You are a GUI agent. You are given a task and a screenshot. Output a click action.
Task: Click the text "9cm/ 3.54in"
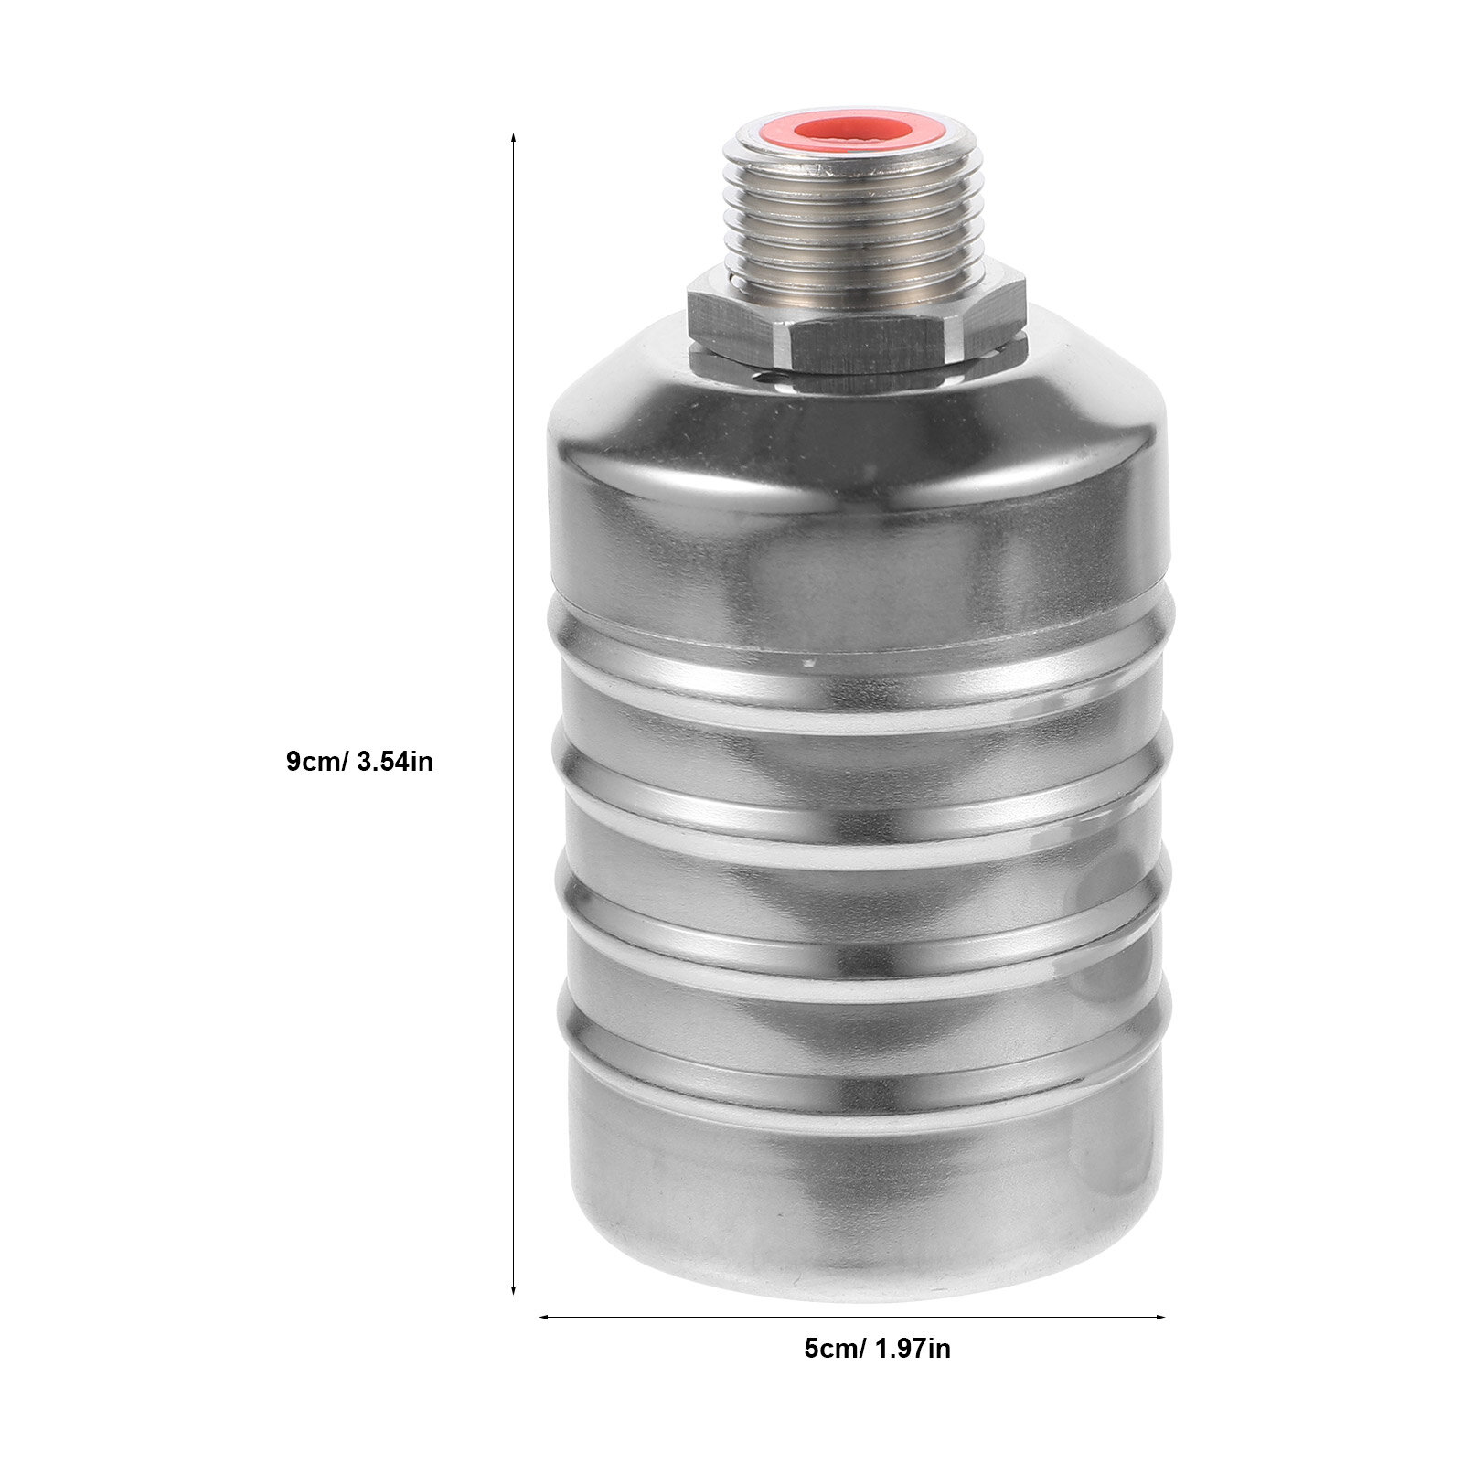coord(359,761)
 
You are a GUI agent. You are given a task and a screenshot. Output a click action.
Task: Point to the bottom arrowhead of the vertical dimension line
coord(513,1289)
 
